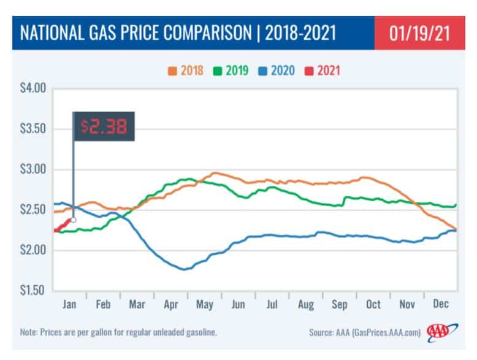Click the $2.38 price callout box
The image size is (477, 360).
point(104,127)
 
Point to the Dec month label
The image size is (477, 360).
point(440,304)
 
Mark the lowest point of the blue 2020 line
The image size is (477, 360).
point(183,269)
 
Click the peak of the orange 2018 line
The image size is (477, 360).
point(215,173)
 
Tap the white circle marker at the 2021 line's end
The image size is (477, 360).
point(74,220)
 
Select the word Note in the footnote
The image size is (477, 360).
point(29,332)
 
